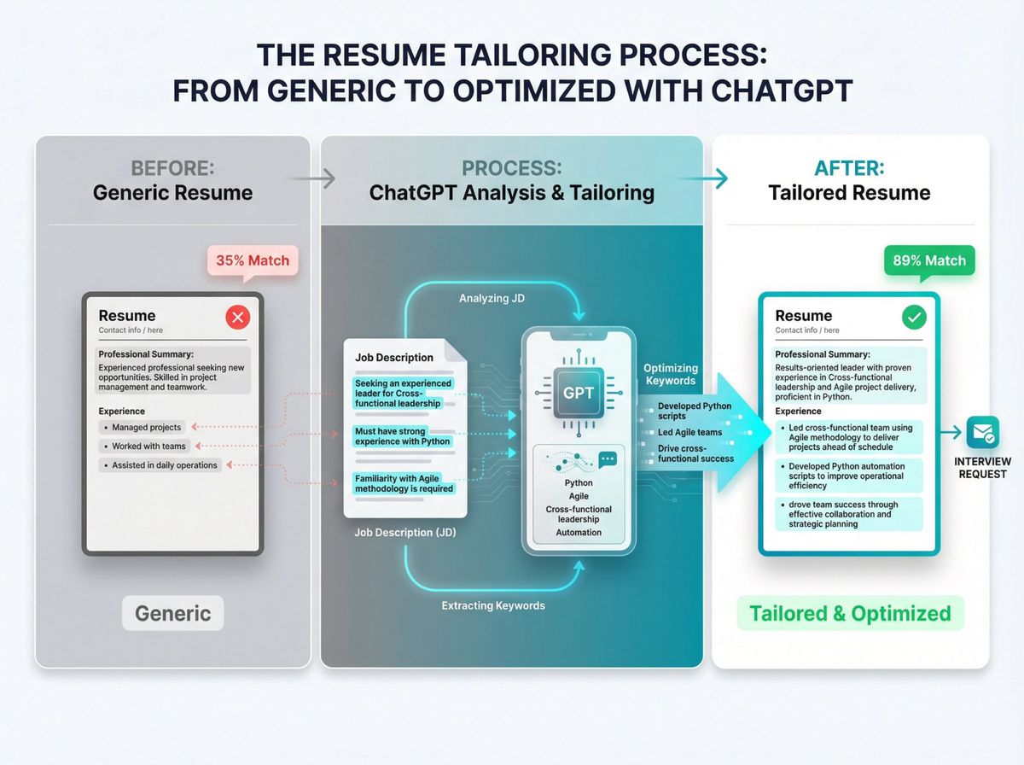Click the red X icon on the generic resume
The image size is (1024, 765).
click(x=237, y=318)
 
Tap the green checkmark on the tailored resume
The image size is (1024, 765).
click(x=914, y=318)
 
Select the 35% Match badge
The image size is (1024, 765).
click(x=253, y=261)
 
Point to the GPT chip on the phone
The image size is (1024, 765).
click(x=579, y=394)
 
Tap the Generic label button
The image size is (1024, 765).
click(x=173, y=613)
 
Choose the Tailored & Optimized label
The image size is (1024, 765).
click(x=850, y=613)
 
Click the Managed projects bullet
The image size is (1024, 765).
click(x=146, y=427)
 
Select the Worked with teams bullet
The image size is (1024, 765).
click(x=148, y=447)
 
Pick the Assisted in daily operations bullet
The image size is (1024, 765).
click(x=165, y=465)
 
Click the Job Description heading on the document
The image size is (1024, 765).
click(x=394, y=358)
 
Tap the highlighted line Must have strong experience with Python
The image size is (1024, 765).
click(x=403, y=436)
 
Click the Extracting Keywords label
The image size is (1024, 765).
click(x=493, y=605)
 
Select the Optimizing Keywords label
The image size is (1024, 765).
click(x=671, y=374)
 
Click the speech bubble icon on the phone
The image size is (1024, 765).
click(x=608, y=459)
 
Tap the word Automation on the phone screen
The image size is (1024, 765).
click(x=579, y=532)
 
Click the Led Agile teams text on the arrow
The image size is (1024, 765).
click(x=689, y=432)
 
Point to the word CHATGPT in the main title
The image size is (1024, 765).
click(x=767, y=90)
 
